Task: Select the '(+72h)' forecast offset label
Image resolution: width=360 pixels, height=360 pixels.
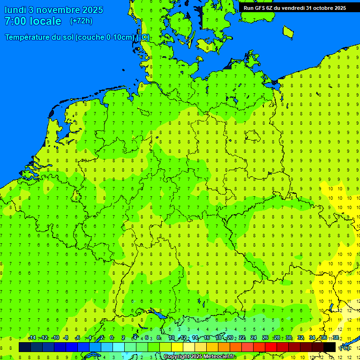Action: tap(81, 21)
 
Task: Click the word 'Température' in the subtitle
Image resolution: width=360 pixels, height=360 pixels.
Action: tap(28, 37)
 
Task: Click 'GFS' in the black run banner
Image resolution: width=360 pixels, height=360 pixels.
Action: tap(261, 8)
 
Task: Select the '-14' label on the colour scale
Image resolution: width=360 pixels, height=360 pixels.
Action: tap(32, 338)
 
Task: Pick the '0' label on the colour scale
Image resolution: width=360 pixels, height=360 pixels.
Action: tap(112, 338)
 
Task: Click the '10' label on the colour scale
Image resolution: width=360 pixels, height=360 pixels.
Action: tap(172, 338)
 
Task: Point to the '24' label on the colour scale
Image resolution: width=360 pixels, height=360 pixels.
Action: tap(254, 338)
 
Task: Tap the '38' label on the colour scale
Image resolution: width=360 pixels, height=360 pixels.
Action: tap(336, 338)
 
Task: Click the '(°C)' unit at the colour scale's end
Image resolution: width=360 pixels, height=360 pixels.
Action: tap(345, 348)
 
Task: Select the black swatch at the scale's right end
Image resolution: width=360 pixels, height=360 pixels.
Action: tap(330, 347)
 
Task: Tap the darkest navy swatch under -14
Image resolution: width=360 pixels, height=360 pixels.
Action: tap(25, 347)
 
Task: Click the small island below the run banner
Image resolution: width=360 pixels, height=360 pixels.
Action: tap(288, 31)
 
